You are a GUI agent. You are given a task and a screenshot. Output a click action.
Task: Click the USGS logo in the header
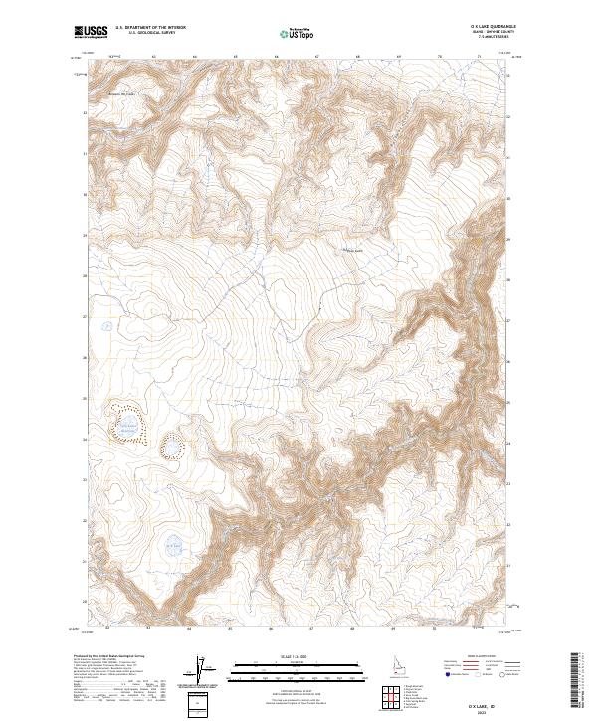tap(91, 31)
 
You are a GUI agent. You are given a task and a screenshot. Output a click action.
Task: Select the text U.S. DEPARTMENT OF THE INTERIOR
tap(150, 27)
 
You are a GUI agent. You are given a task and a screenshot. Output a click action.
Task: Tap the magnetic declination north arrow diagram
tap(204, 672)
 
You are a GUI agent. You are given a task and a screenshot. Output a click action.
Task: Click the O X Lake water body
tap(173, 545)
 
